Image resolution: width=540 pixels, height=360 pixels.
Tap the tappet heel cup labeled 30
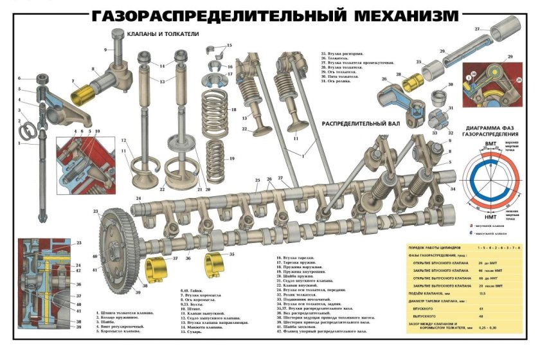click(x=440, y=98)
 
